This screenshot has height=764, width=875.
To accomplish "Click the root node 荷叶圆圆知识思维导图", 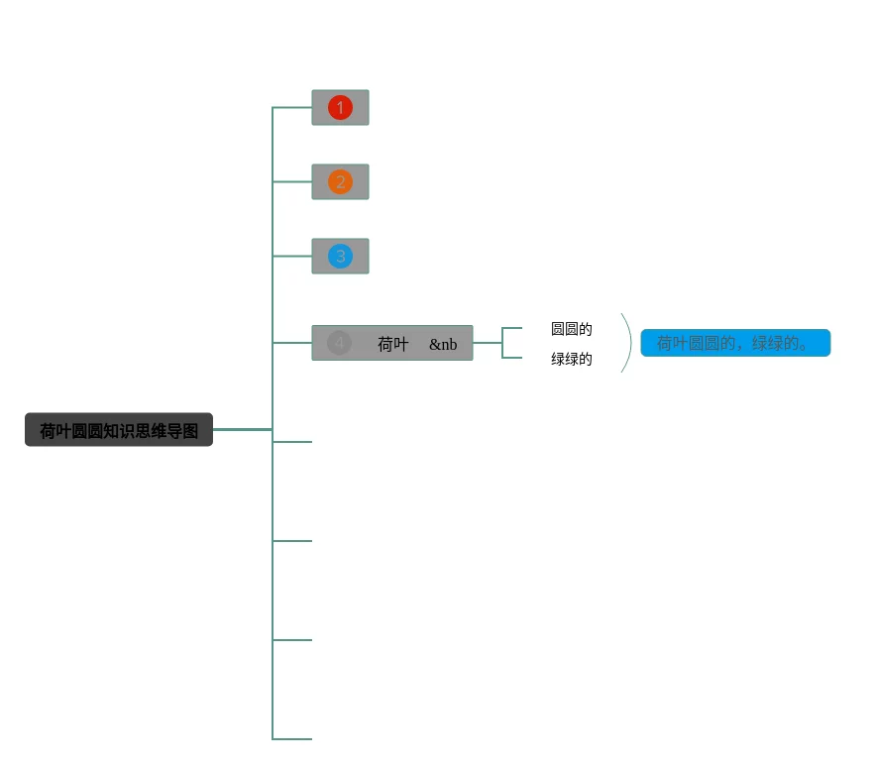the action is click(119, 430).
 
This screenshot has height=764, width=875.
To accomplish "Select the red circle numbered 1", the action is click(340, 107).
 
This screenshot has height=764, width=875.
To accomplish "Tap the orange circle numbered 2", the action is click(340, 181).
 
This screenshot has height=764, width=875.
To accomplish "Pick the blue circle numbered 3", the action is click(340, 256).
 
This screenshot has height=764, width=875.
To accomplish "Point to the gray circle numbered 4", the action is click(339, 343).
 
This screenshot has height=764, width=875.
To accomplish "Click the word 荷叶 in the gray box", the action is click(392, 344).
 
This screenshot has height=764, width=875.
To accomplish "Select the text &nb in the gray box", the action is click(443, 344).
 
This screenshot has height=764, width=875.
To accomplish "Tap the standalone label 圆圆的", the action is click(572, 329).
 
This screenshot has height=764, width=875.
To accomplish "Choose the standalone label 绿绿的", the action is click(572, 359).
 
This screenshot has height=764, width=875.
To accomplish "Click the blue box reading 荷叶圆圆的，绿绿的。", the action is click(734, 343).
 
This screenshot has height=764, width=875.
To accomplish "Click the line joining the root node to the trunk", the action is click(242, 429).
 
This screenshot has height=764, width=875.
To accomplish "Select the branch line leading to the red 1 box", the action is click(292, 107).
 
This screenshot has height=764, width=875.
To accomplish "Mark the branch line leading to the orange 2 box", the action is click(292, 181).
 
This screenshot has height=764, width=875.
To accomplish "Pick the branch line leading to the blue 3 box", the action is click(292, 256).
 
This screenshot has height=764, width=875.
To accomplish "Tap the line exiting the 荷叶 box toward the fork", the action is click(488, 343).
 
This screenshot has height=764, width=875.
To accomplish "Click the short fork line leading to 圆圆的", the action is click(512, 328).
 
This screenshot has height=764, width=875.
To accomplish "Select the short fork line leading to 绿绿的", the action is click(512, 358).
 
